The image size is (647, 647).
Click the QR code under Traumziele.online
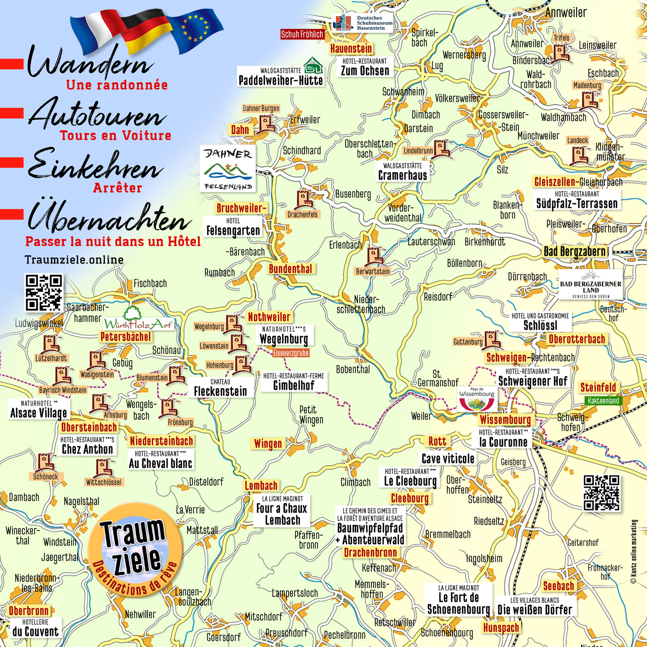44,292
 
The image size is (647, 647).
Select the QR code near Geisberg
601,493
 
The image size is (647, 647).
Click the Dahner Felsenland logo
228,169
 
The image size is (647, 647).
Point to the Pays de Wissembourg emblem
477,399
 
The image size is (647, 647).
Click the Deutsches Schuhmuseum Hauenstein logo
362,23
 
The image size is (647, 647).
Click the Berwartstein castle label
373,271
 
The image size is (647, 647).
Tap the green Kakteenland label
603,401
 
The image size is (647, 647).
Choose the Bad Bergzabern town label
575,251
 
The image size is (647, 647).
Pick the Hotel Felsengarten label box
233,227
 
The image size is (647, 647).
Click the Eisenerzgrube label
291,353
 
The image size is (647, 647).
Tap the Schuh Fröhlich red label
302,35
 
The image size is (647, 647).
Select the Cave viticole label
448,459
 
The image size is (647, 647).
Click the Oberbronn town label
29,611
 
